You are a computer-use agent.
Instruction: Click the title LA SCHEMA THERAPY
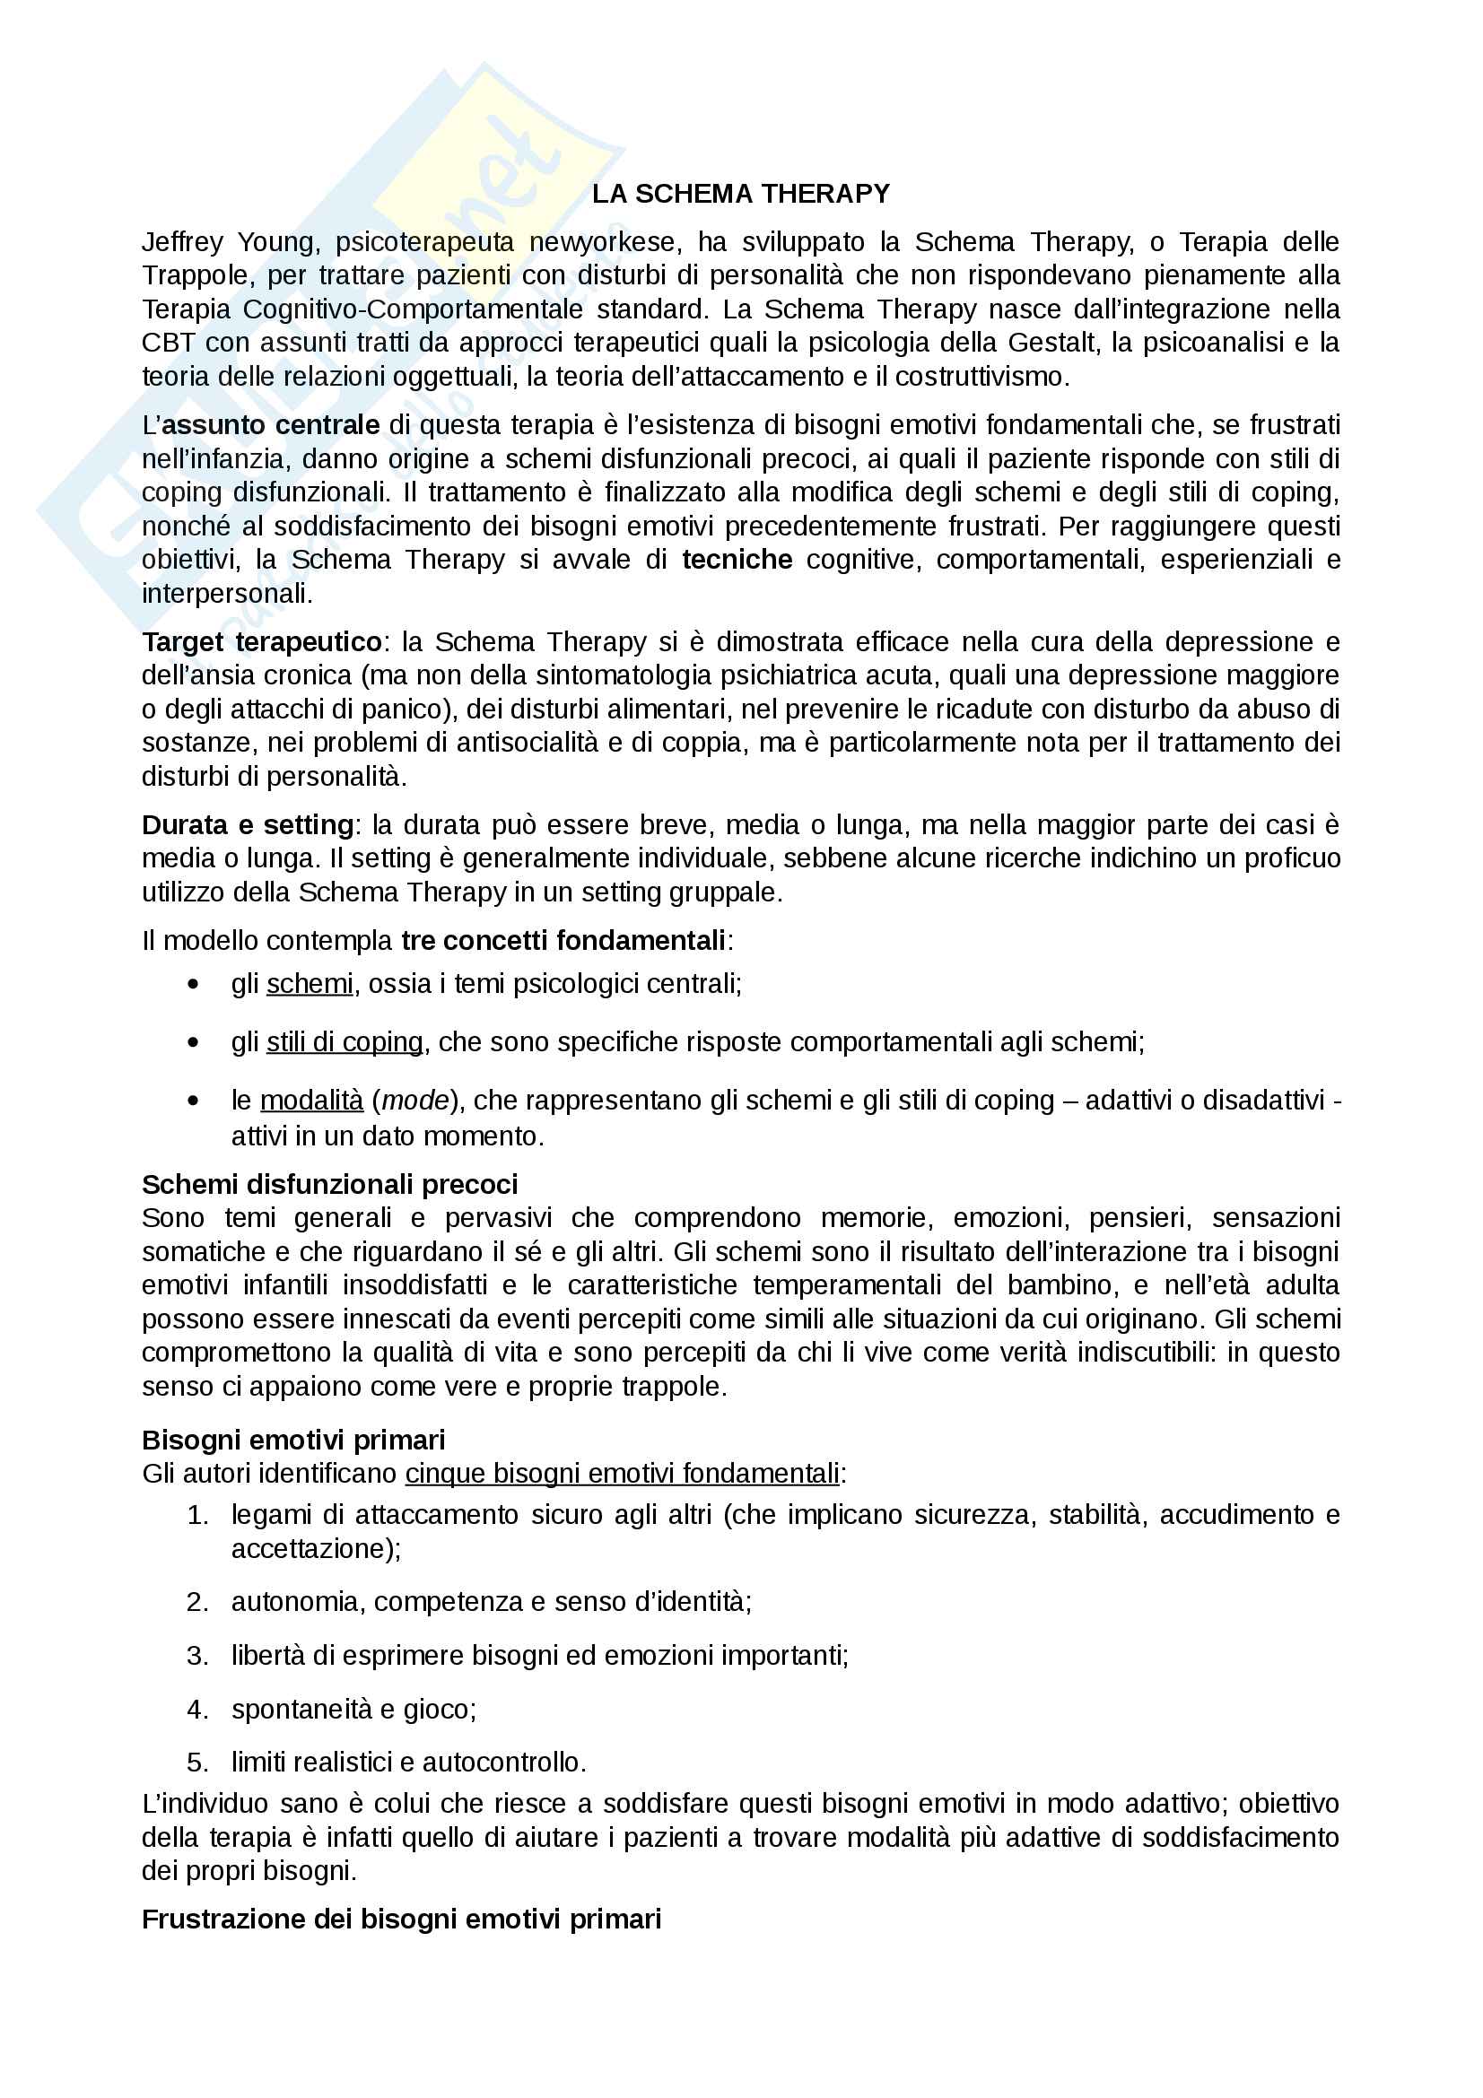coord(740,194)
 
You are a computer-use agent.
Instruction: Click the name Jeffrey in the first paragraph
coord(183,242)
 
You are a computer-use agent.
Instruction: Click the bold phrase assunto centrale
coord(270,425)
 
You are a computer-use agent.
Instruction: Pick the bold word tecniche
coord(737,559)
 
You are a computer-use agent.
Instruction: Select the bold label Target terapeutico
coord(262,642)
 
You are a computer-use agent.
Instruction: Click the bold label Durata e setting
coord(248,825)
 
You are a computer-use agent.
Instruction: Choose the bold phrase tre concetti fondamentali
coord(563,940)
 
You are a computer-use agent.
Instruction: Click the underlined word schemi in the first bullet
coord(310,984)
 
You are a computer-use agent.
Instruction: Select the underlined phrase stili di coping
coord(345,1042)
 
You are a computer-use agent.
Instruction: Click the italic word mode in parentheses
coord(415,1101)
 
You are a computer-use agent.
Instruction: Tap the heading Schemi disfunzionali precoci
coord(330,1185)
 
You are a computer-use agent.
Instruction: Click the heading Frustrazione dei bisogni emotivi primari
coord(401,1920)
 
